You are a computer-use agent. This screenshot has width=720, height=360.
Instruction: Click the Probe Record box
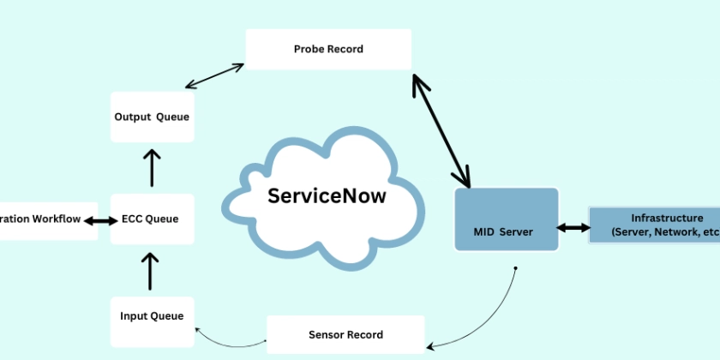328,50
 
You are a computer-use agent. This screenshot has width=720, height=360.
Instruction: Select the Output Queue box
153,117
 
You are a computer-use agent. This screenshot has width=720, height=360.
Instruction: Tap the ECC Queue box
153,219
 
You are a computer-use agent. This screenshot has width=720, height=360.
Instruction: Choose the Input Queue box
153,316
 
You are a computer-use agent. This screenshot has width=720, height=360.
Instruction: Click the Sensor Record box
345,334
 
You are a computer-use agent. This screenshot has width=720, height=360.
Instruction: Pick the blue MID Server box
506,219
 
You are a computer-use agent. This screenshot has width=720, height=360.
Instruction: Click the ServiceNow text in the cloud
327,195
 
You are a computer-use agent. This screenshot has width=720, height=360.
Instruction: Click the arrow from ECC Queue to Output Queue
152,167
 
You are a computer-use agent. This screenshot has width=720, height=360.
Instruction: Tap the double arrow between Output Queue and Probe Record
215,75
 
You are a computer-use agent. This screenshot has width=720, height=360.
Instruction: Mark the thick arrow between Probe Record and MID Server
441,130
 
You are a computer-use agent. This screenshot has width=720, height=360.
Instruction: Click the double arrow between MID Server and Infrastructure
573,228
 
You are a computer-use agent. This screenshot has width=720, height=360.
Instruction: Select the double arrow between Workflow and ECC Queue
100,220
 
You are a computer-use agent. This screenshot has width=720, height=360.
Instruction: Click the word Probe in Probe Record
309,50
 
